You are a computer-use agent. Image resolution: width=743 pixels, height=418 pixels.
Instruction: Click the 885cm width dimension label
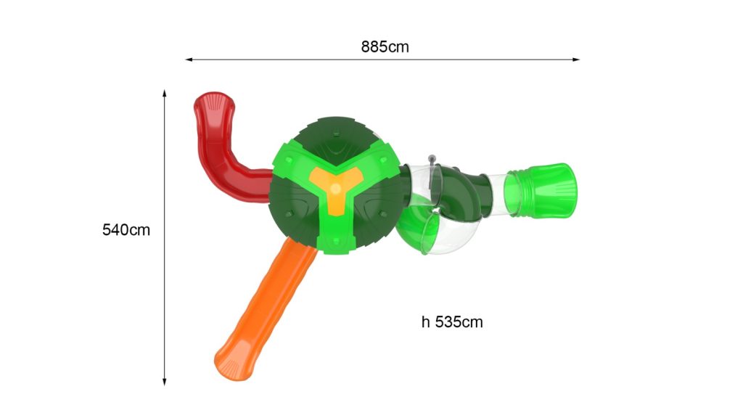click(x=385, y=46)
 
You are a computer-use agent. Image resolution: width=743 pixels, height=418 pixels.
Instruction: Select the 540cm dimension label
click(x=126, y=230)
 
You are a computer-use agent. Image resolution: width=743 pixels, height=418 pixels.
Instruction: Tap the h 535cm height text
click(x=452, y=321)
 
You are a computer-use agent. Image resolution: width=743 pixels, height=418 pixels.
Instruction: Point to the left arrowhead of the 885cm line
click(x=189, y=60)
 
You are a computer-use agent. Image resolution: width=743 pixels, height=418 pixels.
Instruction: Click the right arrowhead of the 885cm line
click(x=576, y=60)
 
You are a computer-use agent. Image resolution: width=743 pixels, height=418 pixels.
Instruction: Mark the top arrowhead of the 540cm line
click(x=165, y=93)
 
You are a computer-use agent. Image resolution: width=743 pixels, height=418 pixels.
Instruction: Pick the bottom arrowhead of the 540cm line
click(x=165, y=382)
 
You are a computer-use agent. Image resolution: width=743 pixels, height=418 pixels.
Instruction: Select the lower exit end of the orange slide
click(x=232, y=365)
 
